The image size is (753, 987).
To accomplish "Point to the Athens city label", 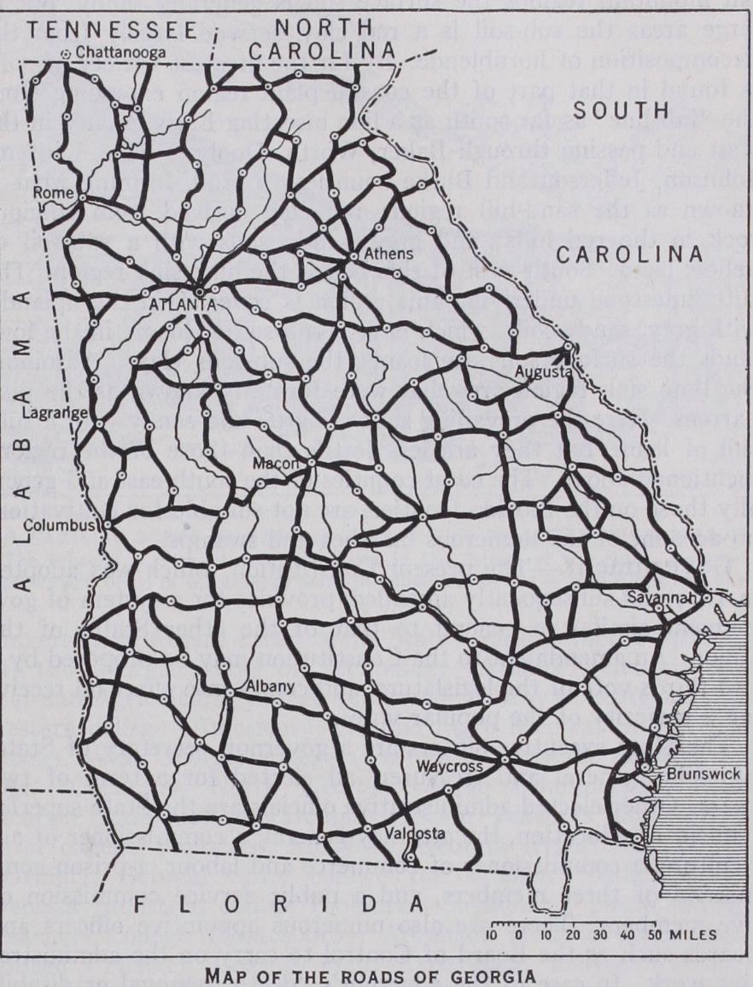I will (378, 254).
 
